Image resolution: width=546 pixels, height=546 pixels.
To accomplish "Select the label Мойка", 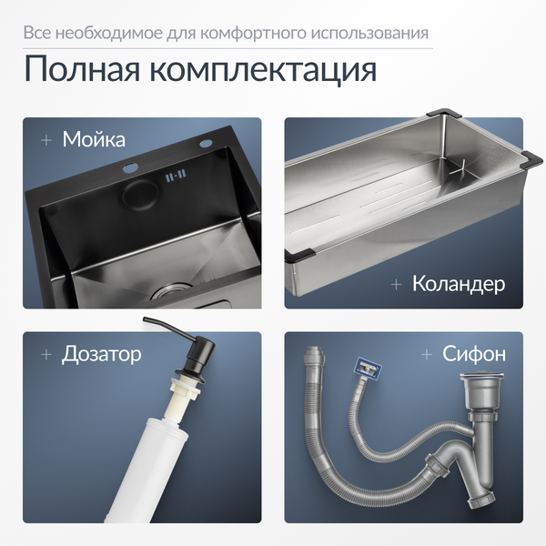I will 94,139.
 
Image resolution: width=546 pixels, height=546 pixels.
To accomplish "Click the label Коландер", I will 459,284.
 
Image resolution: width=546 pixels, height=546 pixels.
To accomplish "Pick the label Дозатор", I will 101,353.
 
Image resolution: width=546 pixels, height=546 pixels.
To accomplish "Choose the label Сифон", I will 474,353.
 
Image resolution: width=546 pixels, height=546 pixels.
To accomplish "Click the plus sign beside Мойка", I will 45,140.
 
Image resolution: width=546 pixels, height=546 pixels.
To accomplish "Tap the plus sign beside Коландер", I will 396,284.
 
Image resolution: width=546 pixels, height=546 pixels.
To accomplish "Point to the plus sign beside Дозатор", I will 45,353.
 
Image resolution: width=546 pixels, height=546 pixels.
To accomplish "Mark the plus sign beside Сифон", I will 427,353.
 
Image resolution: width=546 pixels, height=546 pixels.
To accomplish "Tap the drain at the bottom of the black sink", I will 170,293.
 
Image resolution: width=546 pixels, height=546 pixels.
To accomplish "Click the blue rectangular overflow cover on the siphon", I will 366,369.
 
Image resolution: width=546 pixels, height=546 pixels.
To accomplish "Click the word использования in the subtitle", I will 376,34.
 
